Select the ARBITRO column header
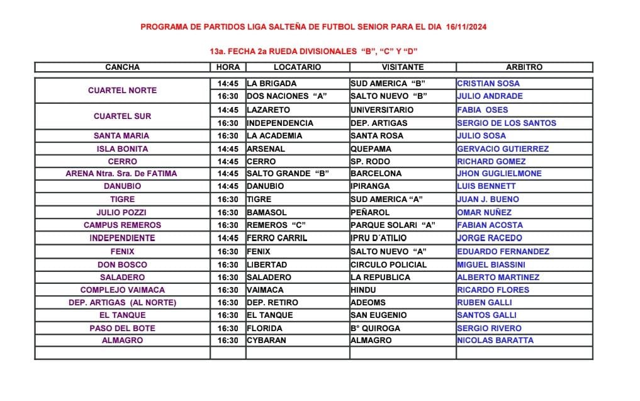(x=524, y=67)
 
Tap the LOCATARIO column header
(x=297, y=67)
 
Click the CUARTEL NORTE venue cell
(x=122, y=90)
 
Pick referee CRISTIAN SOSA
(x=488, y=84)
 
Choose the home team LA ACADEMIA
(x=274, y=136)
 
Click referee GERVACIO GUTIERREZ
(x=503, y=149)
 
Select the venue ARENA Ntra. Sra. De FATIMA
(x=121, y=174)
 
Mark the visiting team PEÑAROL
(x=370, y=213)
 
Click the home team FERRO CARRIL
(x=277, y=239)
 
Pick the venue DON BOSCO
(x=122, y=265)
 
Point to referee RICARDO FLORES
(x=493, y=290)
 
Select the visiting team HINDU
(x=364, y=290)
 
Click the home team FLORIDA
(x=264, y=329)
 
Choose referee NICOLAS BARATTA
(x=495, y=341)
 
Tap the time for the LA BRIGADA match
(x=228, y=84)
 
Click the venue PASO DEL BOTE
(x=122, y=329)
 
